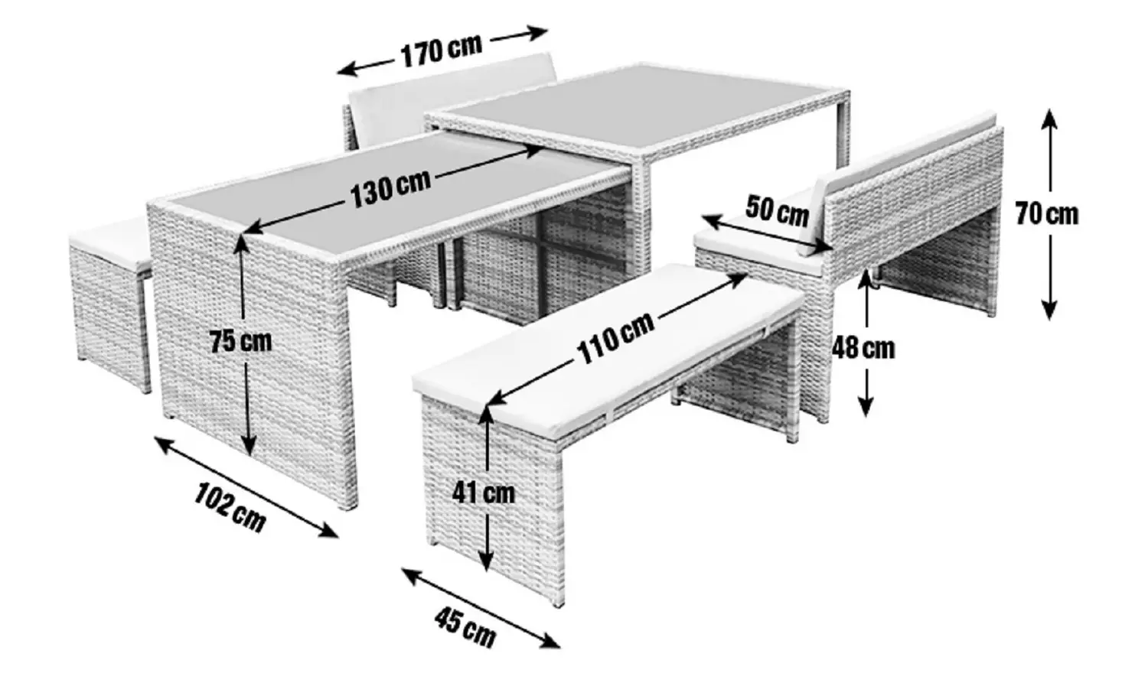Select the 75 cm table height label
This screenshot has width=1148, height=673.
click(x=241, y=341)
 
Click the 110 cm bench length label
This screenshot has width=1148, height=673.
click(x=616, y=337)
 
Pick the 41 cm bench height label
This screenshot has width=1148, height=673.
click(x=483, y=493)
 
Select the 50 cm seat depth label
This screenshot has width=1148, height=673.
click(x=777, y=210)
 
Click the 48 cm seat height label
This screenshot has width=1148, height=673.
click(x=863, y=348)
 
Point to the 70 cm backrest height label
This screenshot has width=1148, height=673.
click(x=1048, y=214)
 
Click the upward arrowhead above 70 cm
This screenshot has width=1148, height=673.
click(x=1049, y=121)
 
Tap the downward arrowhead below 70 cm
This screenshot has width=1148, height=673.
click(x=1049, y=307)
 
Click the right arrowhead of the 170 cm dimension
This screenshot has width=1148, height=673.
click(x=536, y=33)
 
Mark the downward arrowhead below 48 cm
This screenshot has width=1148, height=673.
click(x=866, y=405)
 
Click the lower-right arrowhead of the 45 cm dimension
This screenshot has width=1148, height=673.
click(x=548, y=641)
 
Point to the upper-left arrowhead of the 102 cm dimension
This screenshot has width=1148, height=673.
click(x=167, y=444)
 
